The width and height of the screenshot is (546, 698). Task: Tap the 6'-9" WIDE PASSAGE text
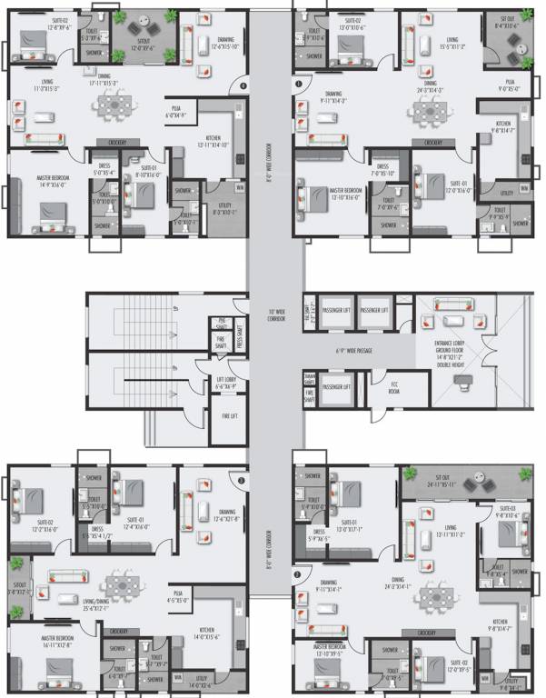[x=355, y=351]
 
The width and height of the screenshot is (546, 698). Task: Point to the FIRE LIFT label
[x=229, y=415]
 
